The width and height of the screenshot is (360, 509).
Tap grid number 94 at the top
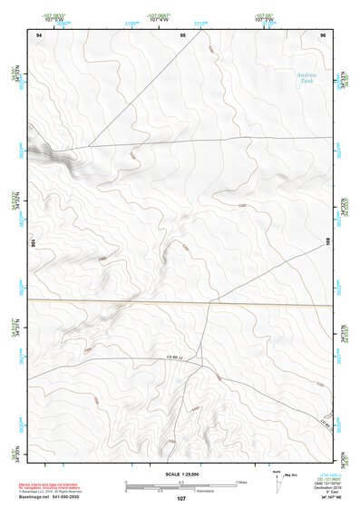(39, 34)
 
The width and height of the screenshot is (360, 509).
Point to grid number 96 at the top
(322, 34)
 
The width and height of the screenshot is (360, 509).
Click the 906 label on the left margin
(32, 243)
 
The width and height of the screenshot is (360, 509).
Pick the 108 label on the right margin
(328, 241)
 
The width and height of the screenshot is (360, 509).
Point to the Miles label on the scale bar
(241, 482)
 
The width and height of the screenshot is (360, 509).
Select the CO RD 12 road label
(175, 359)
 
